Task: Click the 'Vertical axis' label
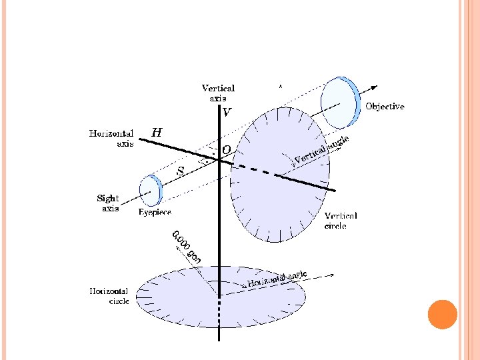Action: point(218,93)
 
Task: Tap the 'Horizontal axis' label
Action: point(111,138)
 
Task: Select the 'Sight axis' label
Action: point(108,203)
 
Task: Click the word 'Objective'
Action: point(385,107)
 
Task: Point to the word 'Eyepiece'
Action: point(155,212)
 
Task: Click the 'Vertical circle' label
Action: point(340,221)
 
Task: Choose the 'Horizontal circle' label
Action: point(109,295)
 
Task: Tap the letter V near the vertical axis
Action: point(227,113)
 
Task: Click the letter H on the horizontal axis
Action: point(156,132)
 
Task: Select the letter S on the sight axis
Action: point(179,171)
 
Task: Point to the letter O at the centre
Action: point(227,151)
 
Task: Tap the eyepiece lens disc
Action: point(151,191)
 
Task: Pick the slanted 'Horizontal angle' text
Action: point(277,279)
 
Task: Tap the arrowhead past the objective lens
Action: point(375,87)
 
